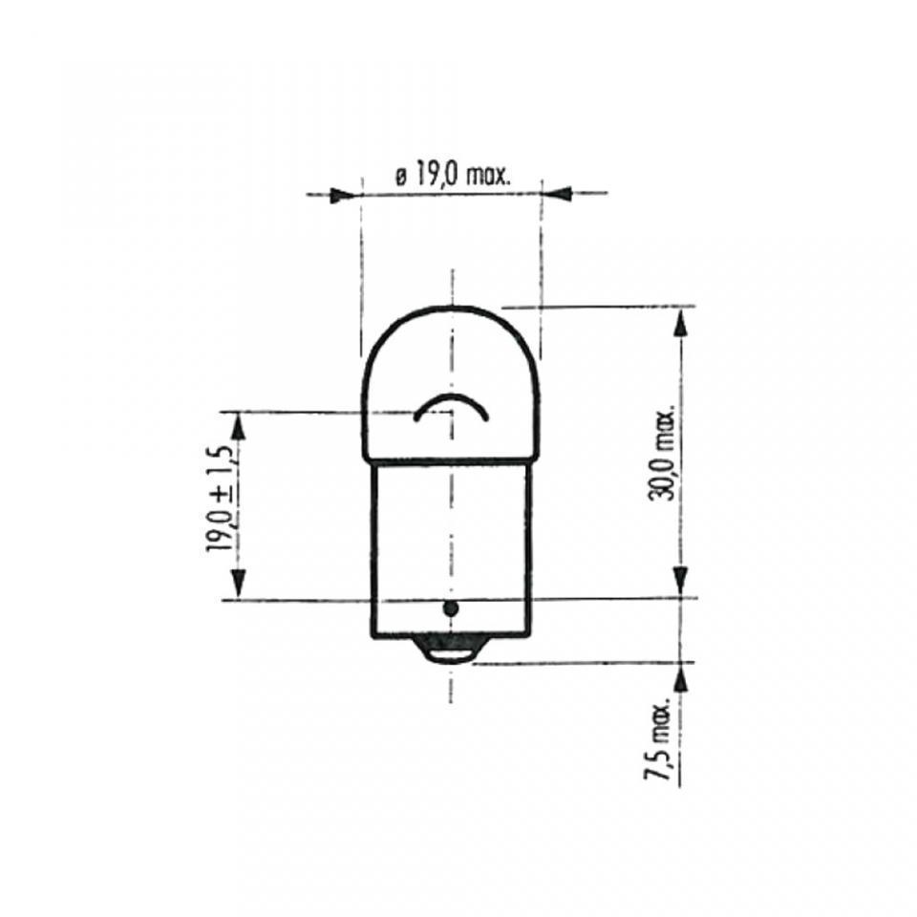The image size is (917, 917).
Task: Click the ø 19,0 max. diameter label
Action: point(453,176)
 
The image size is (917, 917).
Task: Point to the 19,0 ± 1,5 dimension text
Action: point(220,499)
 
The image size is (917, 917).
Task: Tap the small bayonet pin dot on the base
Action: point(450,608)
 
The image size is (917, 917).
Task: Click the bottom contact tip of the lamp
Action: point(449,653)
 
